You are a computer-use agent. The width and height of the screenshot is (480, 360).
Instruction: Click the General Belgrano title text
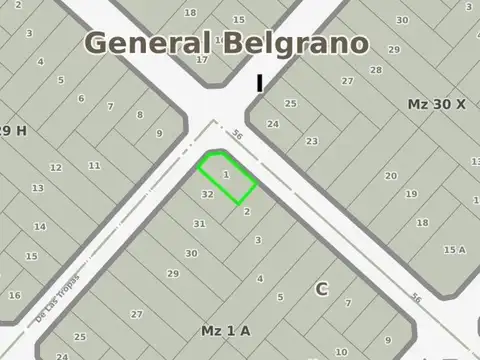pos(226,43)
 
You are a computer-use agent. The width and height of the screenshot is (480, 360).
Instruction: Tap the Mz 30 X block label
pos(437,104)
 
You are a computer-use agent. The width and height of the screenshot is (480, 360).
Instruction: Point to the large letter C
pos(322,289)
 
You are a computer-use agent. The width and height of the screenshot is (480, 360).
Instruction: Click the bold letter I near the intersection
pos(260,84)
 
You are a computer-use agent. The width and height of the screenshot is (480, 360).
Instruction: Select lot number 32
pos(207,193)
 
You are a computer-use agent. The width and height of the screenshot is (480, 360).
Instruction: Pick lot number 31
pos(199,223)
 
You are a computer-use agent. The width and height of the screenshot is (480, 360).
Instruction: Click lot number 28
pos(376,70)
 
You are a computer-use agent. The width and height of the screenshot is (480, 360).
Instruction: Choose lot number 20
pos(390,176)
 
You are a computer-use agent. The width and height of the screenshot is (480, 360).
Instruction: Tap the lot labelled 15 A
pos(454,249)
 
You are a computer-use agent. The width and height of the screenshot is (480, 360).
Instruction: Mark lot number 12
pos(56,167)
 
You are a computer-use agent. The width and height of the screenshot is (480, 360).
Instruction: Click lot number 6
pos(81,98)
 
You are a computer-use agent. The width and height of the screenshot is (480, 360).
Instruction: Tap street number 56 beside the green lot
pos(237,135)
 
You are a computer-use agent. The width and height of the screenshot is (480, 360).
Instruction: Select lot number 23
pos(312,141)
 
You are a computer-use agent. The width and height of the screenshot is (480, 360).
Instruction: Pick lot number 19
pos(411,194)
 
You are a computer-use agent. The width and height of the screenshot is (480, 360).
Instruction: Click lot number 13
pos(37,188)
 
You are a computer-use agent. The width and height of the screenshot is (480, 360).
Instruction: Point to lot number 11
pos(95,165)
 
